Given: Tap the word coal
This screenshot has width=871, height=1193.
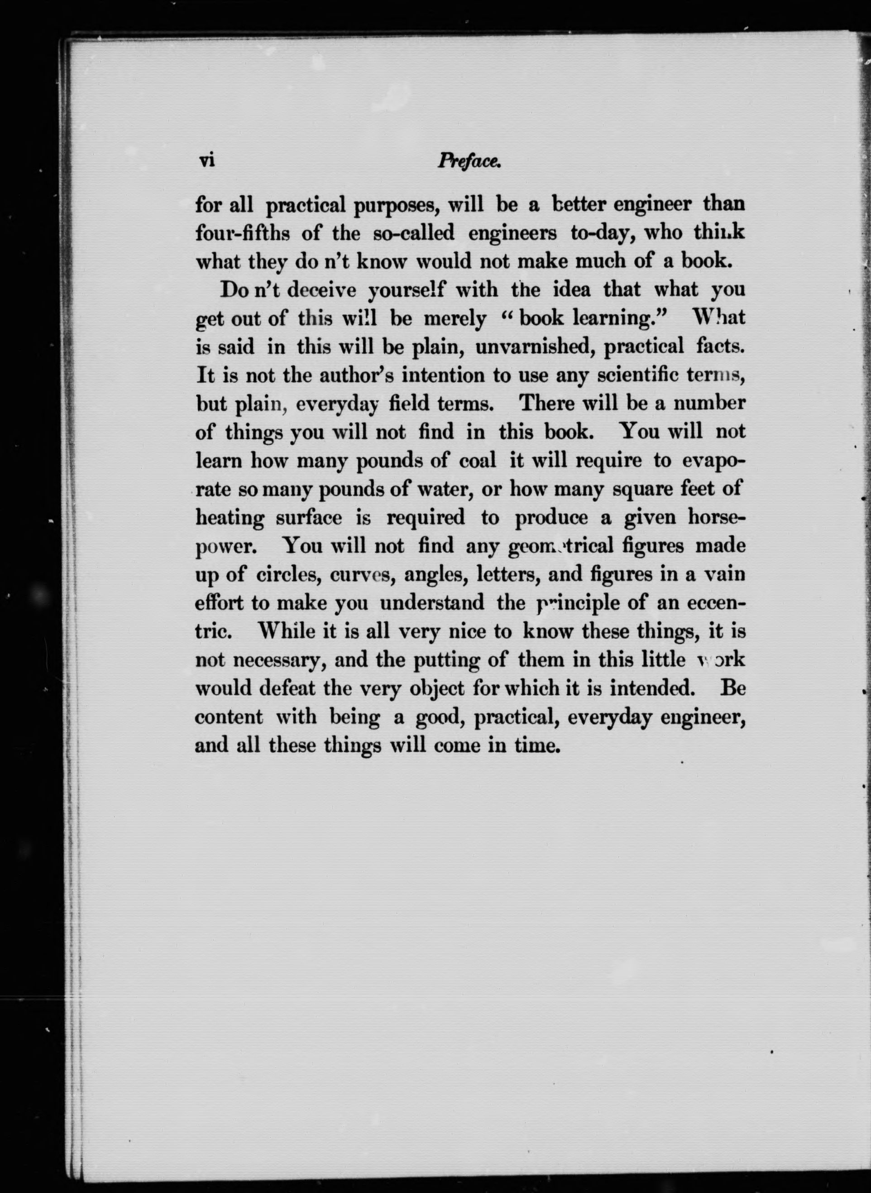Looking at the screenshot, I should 478,461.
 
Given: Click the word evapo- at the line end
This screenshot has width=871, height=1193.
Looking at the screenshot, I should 713,462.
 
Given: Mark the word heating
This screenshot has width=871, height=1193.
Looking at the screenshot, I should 230,519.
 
